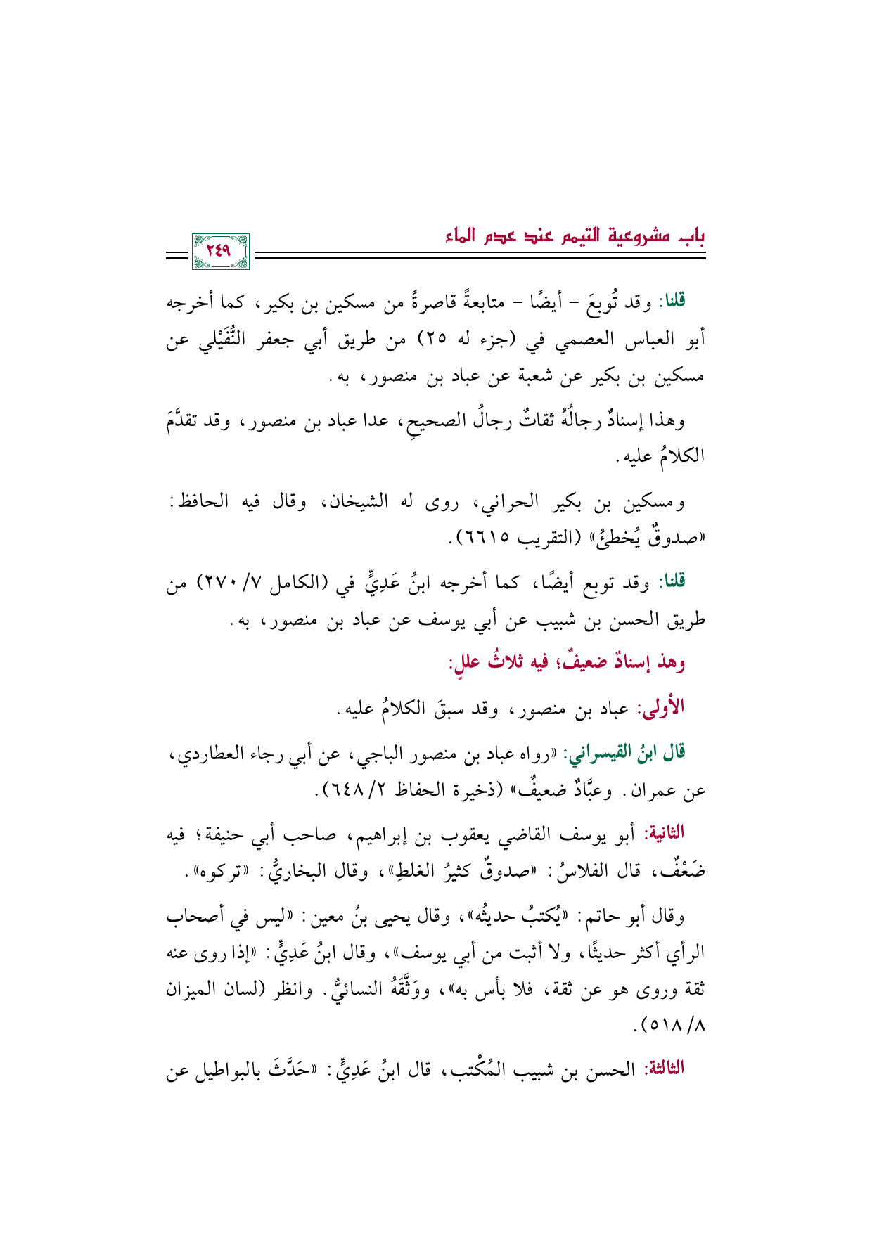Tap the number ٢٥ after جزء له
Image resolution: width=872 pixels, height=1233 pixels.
[x=437, y=341]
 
